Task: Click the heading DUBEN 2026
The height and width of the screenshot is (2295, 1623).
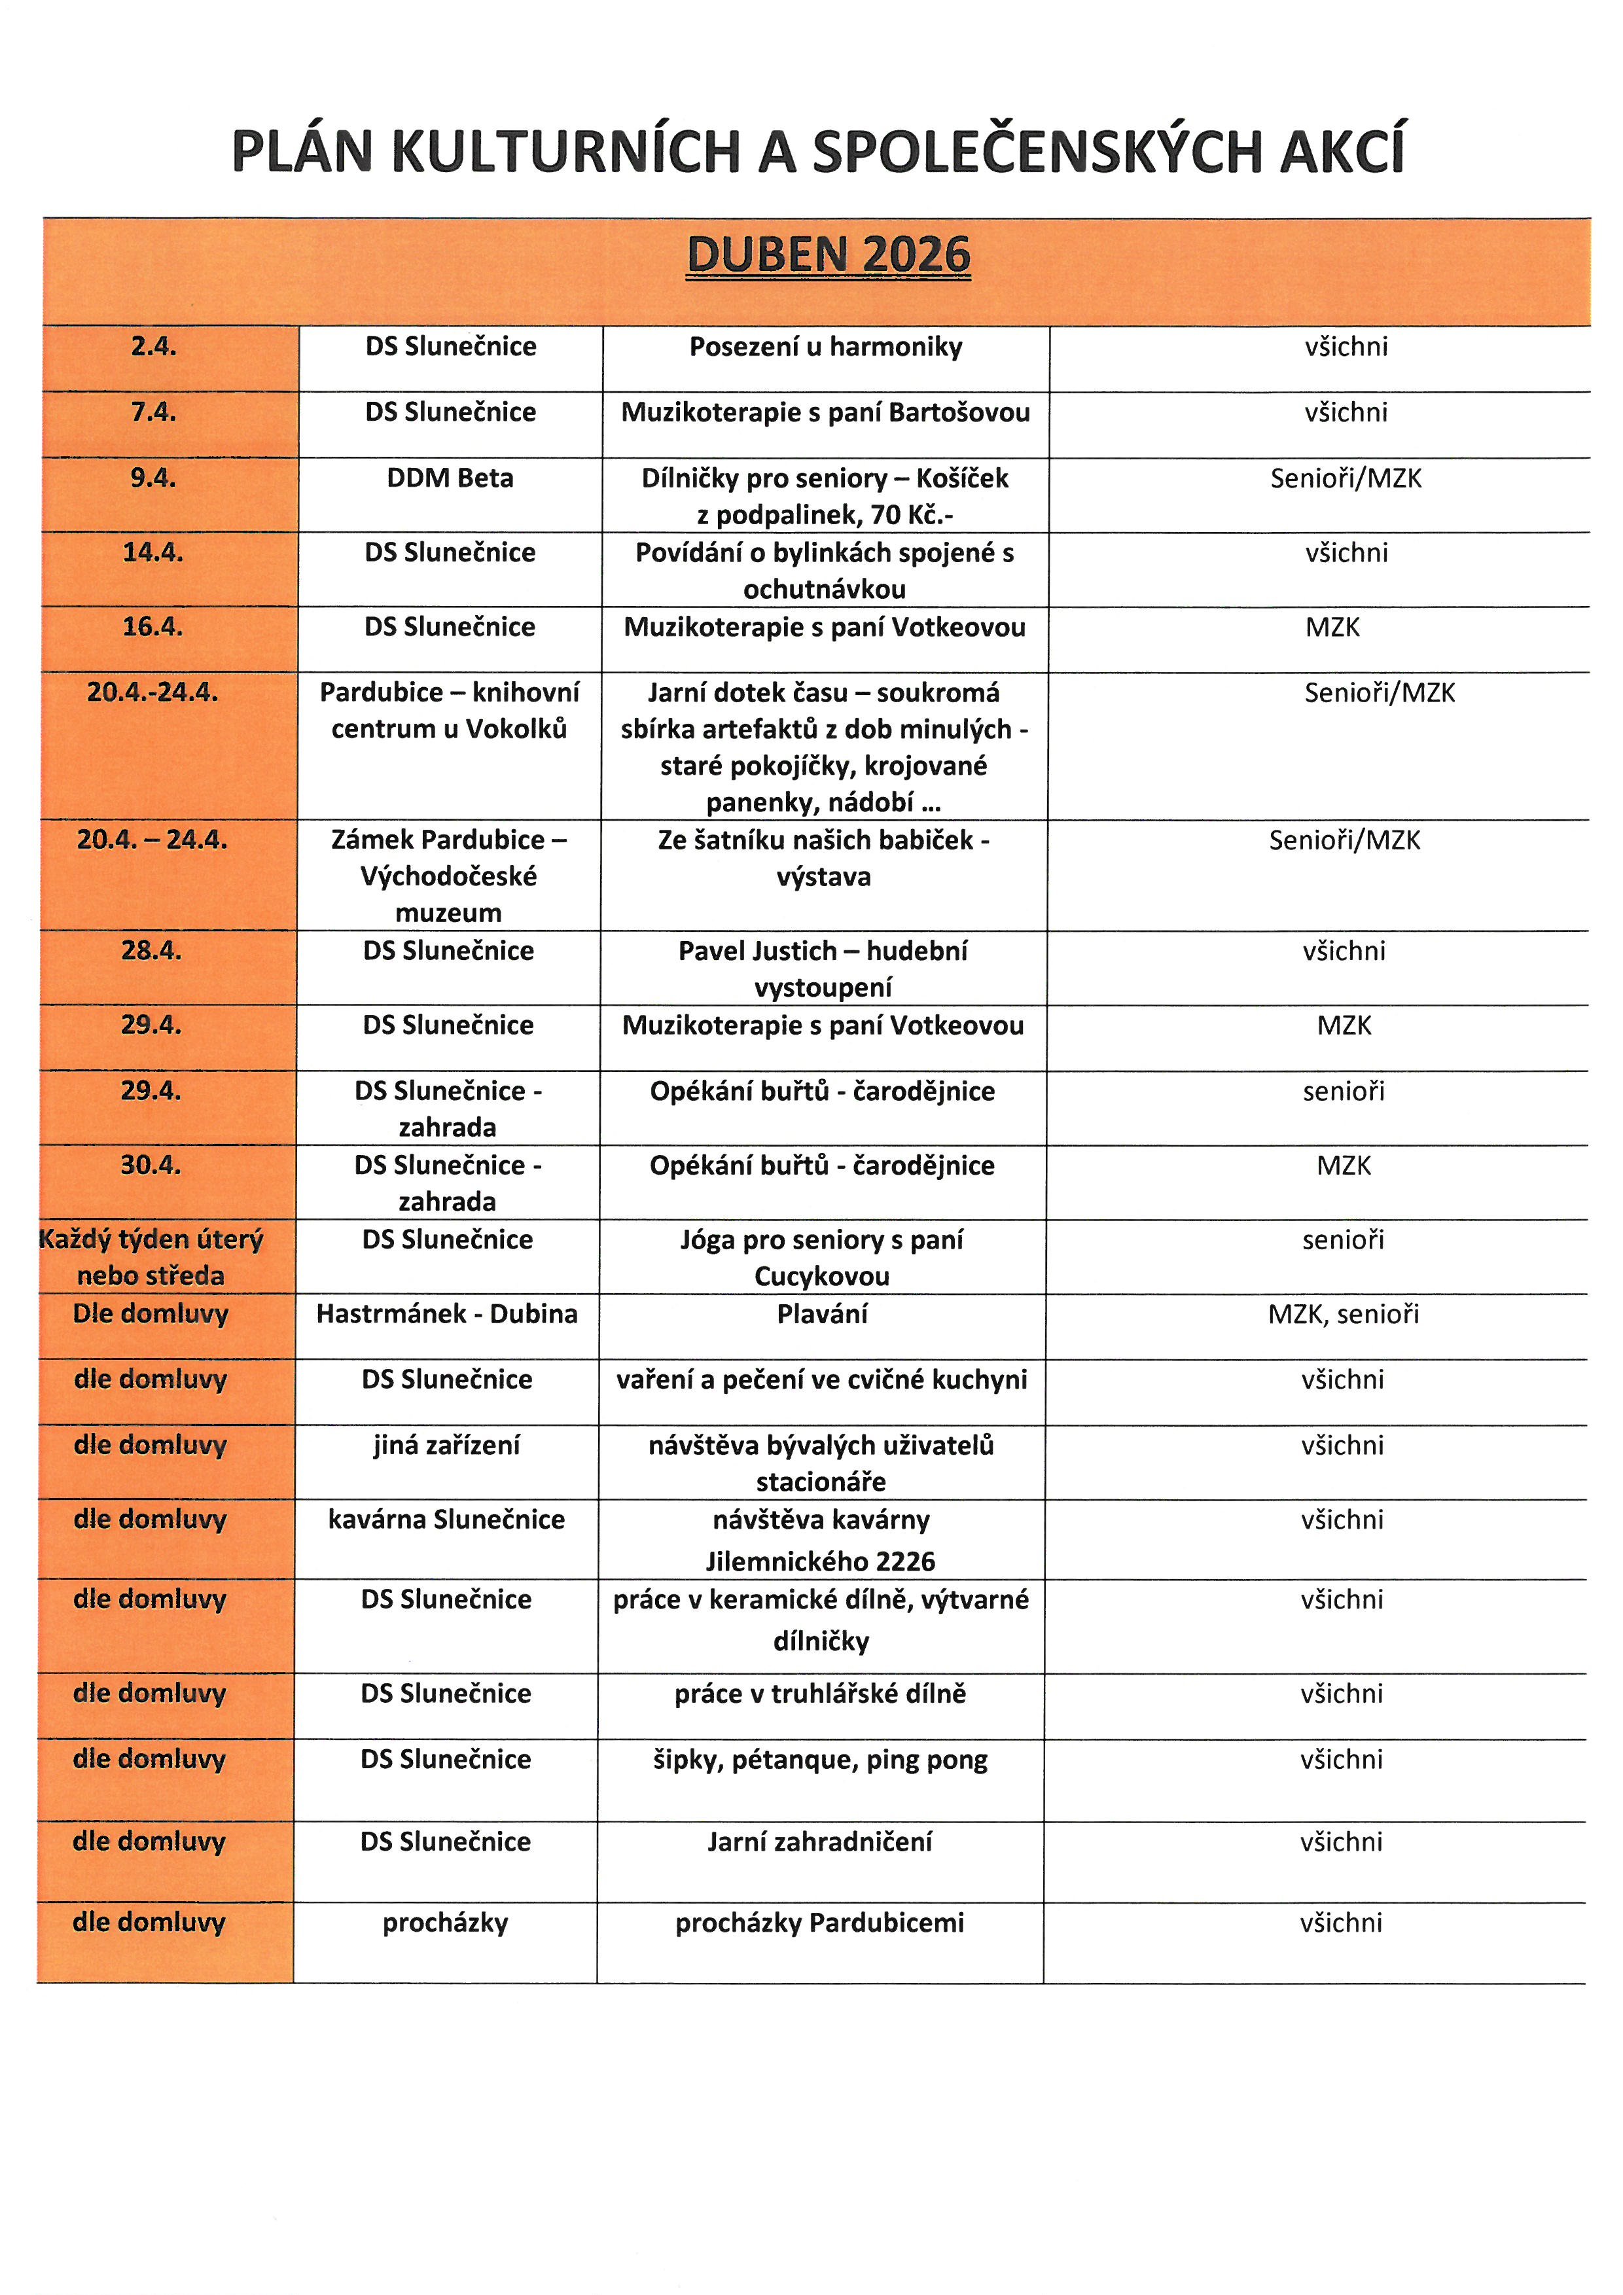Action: click(x=829, y=255)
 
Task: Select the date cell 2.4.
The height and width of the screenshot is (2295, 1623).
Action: click(x=153, y=347)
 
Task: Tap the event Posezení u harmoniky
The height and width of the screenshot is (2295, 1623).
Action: click(x=825, y=347)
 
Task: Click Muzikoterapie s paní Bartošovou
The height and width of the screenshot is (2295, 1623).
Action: click(x=825, y=412)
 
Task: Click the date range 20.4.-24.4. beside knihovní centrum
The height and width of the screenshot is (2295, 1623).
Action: click(x=153, y=692)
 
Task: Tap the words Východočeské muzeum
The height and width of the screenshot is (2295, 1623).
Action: click(x=449, y=895)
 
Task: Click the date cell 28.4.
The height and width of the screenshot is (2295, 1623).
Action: click(x=151, y=951)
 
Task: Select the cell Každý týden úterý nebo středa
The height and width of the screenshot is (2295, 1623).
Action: click(x=151, y=1258)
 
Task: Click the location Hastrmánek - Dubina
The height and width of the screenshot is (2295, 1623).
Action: click(x=447, y=1313)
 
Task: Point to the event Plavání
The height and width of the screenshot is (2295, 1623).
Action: click(x=823, y=1313)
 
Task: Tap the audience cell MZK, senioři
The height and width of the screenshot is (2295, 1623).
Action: click(x=1343, y=1313)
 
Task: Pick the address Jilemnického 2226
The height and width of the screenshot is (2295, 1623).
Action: click(x=821, y=1561)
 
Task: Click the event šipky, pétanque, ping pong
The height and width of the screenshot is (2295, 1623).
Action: click(x=821, y=1759)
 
